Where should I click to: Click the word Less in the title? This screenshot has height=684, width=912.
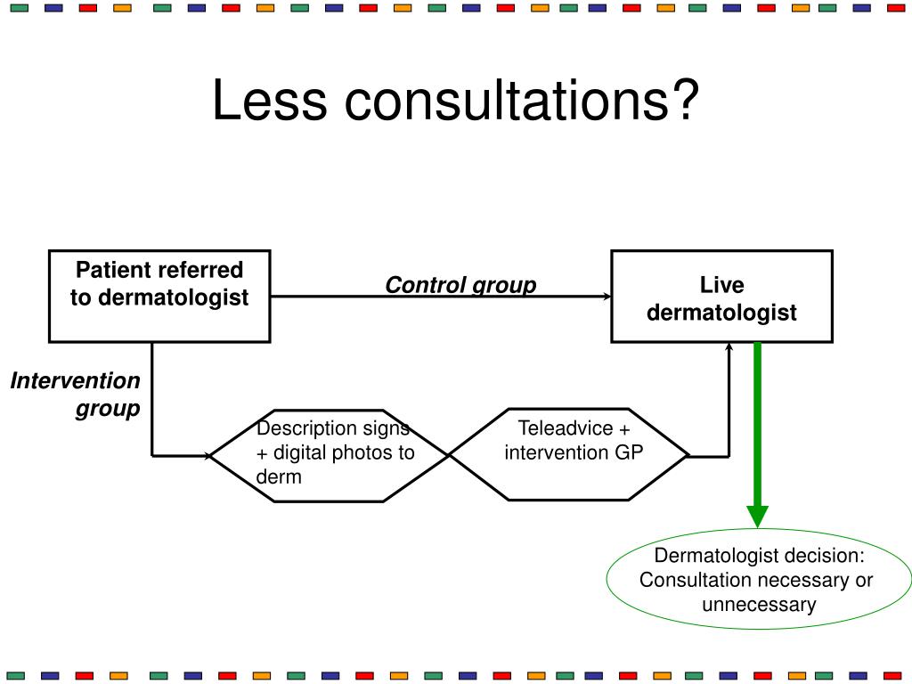coord(269,101)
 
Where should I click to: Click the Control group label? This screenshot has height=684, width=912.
coord(460,285)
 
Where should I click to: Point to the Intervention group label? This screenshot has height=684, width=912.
coord(77,395)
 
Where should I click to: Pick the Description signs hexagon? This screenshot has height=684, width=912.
coord(330,454)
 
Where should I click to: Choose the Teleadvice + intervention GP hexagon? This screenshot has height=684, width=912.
coord(570,454)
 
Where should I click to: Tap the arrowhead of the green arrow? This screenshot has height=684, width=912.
coord(757,516)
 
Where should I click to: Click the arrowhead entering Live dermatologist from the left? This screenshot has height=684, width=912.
coord(608,297)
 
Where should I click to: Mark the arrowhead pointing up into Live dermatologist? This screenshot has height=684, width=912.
coord(729,347)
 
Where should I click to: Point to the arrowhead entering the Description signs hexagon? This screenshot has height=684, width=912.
coord(209,455)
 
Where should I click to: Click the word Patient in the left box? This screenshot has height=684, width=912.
coord(108,270)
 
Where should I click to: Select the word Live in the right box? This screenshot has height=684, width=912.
coord(721,285)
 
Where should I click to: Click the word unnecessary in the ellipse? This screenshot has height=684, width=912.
coord(758,605)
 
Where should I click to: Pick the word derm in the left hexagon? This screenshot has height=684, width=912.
coord(279,477)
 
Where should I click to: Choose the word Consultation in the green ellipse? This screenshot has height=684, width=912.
coord(695,581)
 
